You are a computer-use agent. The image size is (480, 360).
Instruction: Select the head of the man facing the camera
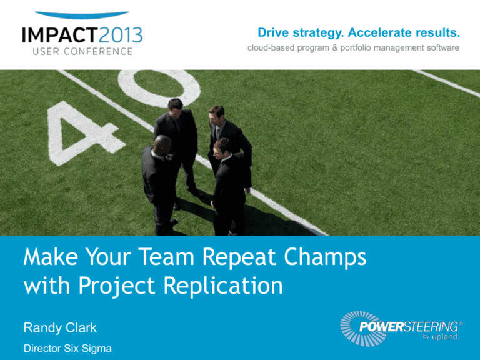coord(217,114)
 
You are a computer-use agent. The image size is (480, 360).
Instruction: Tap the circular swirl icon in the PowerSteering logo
coord(359,323)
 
